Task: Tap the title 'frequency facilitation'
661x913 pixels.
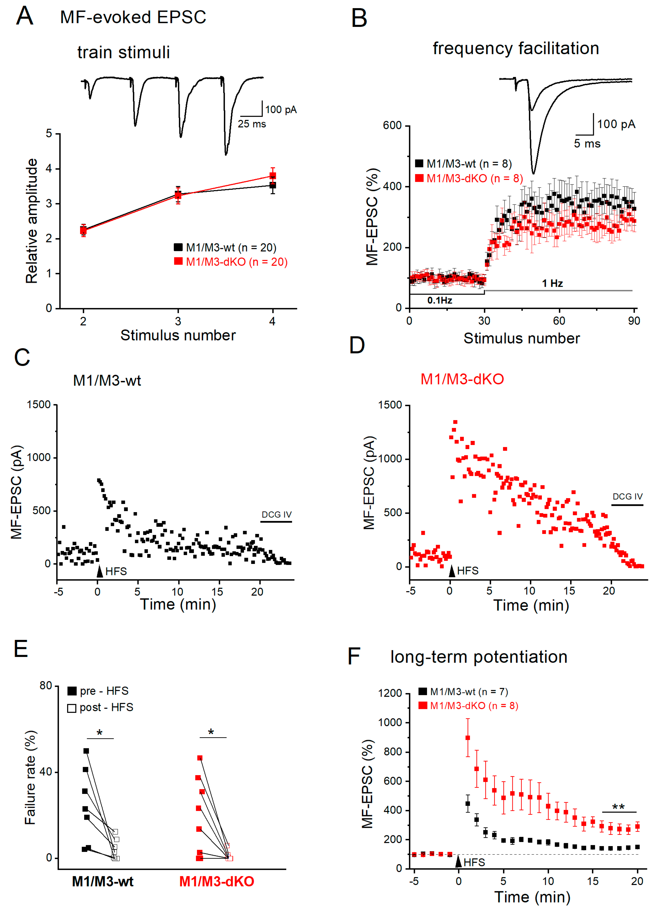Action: [516, 48]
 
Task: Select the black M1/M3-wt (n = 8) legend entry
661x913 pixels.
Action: [463, 164]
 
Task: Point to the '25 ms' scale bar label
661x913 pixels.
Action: [252, 124]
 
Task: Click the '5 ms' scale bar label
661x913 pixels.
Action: [587, 144]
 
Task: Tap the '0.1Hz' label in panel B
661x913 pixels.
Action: [440, 300]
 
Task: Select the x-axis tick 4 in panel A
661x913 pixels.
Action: [273, 321]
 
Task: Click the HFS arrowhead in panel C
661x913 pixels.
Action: [100, 571]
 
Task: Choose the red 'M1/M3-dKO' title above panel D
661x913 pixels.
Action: [462, 379]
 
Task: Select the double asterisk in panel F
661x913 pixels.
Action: [618, 807]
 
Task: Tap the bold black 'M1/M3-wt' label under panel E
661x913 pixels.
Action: [103, 882]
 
